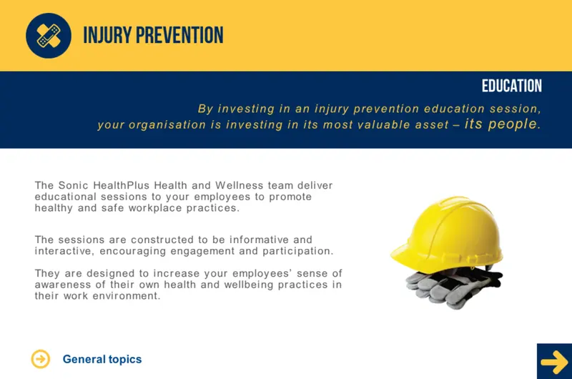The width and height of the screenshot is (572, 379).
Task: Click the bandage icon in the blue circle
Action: [x=49, y=36]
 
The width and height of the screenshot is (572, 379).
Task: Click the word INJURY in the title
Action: [x=107, y=35]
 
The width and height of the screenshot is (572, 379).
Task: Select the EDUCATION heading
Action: [x=511, y=86]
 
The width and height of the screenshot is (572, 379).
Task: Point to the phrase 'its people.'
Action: [x=503, y=124]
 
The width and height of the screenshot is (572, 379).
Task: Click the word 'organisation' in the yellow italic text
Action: [x=167, y=125]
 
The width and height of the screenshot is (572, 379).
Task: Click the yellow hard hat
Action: [x=448, y=232]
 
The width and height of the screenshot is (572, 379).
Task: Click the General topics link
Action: [x=102, y=359]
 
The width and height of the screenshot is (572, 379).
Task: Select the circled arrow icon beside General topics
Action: [x=41, y=359]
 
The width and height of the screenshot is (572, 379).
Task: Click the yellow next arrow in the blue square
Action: [x=555, y=362]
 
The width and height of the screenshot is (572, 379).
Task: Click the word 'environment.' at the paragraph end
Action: [x=127, y=296]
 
